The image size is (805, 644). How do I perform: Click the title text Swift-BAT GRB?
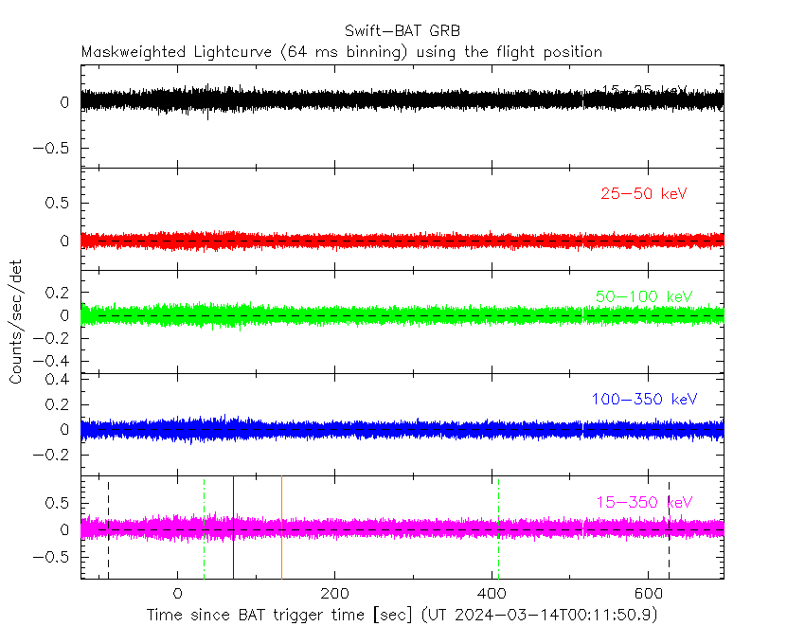(402, 31)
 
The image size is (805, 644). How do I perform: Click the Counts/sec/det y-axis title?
(16, 322)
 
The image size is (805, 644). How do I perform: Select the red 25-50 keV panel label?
(643, 194)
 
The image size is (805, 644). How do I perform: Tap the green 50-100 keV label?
(644, 296)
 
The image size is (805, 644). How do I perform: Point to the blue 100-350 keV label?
(644, 399)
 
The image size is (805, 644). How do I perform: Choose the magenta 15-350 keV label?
(644, 501)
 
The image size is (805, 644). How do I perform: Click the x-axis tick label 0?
(177, 593)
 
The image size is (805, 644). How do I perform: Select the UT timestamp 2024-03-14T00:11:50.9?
(555, 616)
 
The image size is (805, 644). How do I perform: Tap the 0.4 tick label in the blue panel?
(58, 379)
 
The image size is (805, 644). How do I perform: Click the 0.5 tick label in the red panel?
(58, 203)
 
